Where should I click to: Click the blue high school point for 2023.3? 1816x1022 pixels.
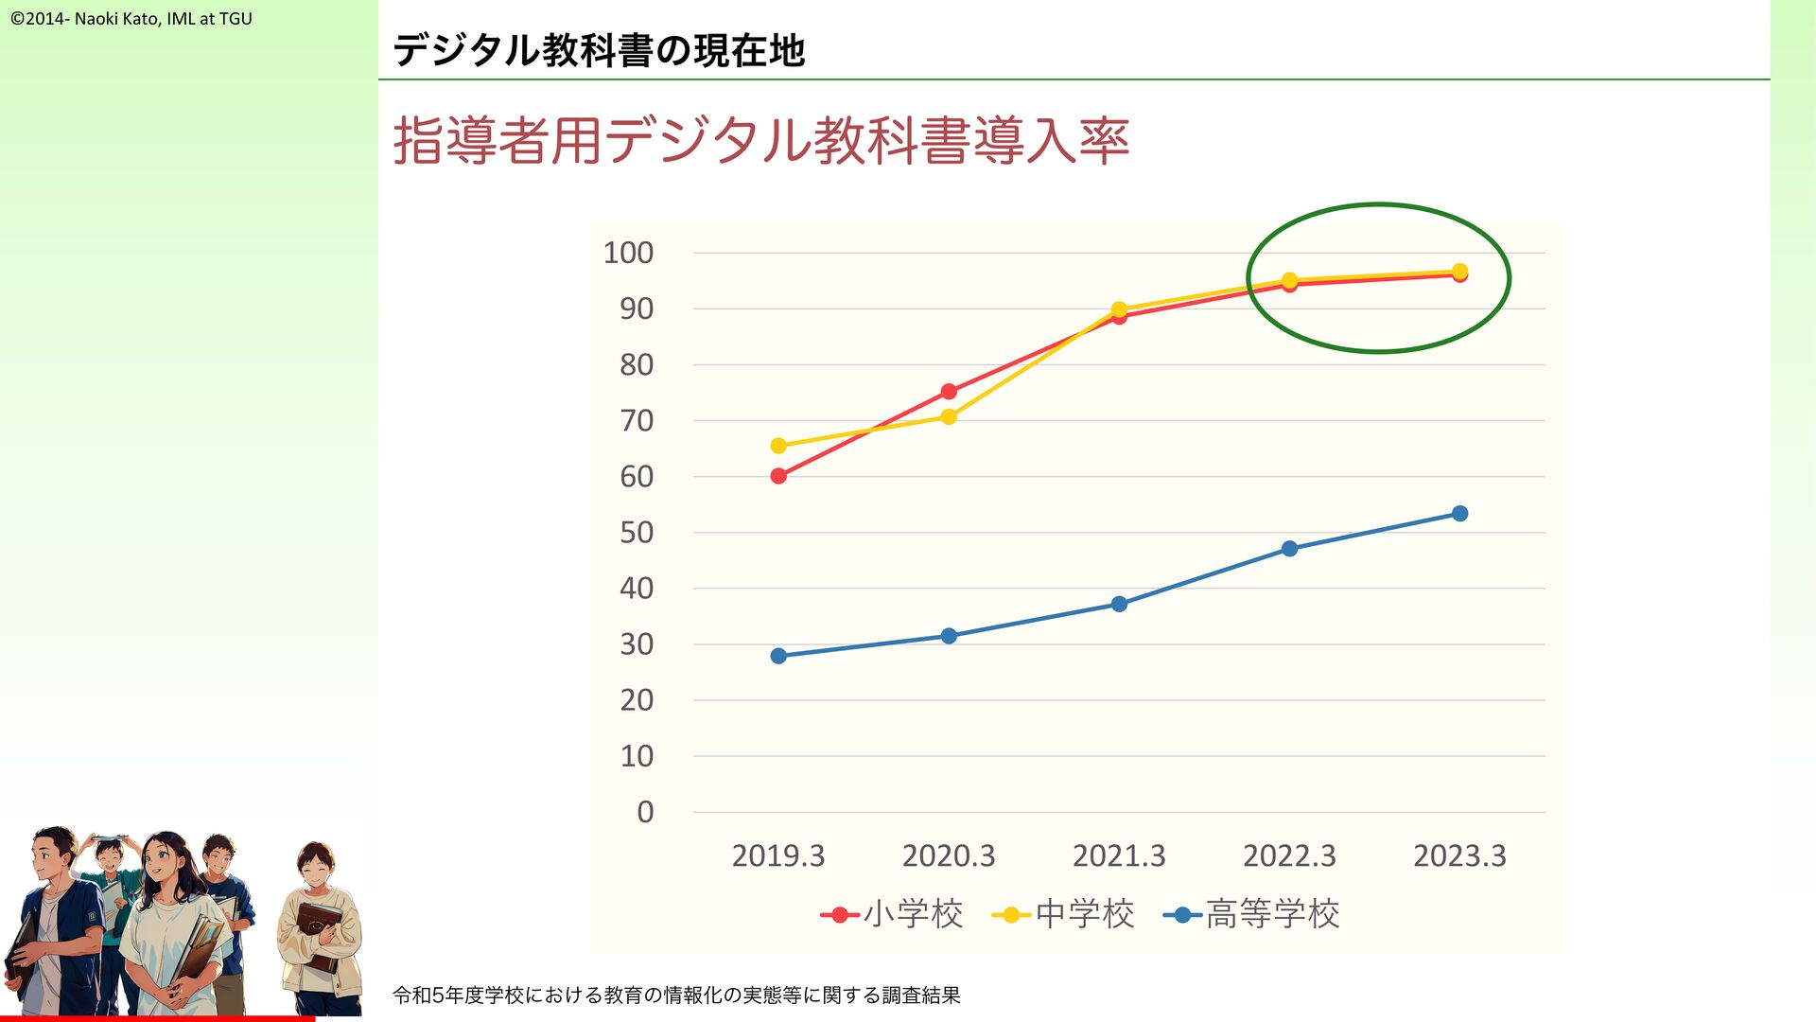coord(1459,514)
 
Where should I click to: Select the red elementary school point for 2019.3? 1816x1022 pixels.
coord(778,476)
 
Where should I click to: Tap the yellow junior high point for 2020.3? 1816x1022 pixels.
coord(949,416)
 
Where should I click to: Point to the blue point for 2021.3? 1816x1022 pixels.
coord(1119,604)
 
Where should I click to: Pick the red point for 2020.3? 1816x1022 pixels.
coord(949,392)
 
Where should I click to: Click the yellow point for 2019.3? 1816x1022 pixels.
coord(778,446)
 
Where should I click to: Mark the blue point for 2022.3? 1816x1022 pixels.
coord(1289,549)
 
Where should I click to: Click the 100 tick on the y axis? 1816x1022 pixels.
coord(628,253)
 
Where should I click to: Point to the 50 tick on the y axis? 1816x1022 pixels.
coord(637,533)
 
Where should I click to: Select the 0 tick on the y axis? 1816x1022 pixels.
coord(645,812)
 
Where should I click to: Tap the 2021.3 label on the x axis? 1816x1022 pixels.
coord(1119,855)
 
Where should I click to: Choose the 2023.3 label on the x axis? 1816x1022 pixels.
coord(1459,855)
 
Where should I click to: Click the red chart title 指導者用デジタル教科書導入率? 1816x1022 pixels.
coord(761,141)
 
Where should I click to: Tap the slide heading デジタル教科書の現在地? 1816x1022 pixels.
coord(599,50)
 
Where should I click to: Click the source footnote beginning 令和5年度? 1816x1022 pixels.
coord(676,995)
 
